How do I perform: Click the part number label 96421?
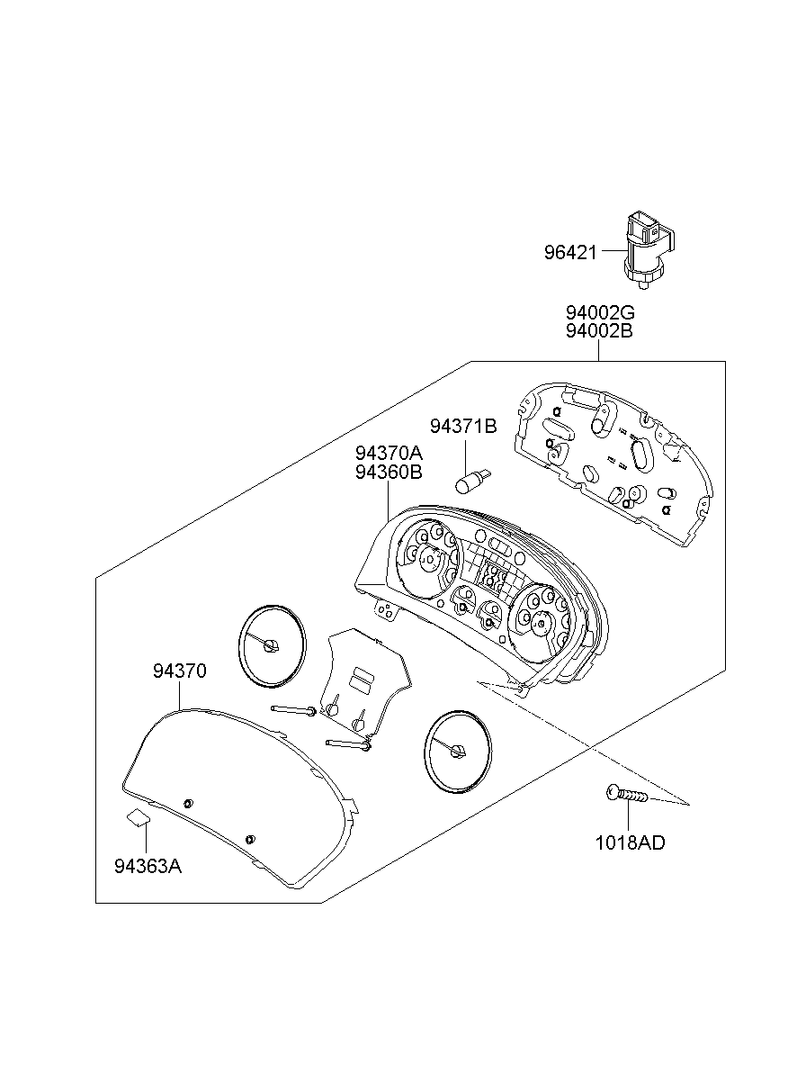pos(569,252)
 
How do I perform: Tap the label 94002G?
pos(600,312)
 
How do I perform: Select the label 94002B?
pos(600,331)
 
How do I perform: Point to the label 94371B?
pos(462,426)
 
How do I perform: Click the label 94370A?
pos(389,453)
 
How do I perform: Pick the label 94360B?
pos(389,471)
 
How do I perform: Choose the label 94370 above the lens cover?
pos(180,671)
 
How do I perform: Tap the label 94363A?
pos(148,867)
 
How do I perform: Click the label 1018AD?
pos(631,843)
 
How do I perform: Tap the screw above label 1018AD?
pos(627,795)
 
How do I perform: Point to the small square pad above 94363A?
pos(137,817)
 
